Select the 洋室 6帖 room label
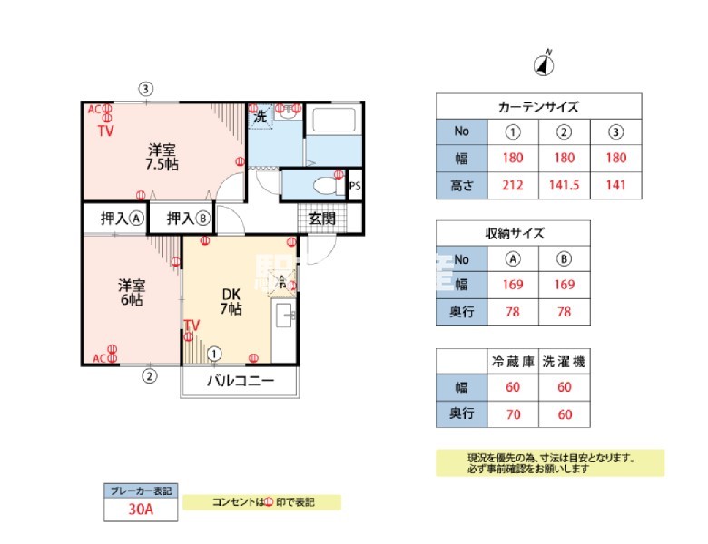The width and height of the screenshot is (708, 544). (x=131, y=291)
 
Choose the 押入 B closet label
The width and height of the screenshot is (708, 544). (x=188, y=218)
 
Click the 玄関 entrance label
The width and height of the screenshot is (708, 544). (x=321, y=218)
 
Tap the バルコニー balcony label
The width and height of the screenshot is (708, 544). (x=240, y=381)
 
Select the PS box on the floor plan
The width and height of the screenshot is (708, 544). (x=354, y=186)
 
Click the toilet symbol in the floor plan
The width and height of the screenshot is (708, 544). (x=319, y=185)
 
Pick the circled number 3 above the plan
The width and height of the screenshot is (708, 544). (x=145, y=89)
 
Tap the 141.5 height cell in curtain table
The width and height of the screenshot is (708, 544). (x=564, y=187)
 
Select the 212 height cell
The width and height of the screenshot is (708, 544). (x=513, y=187)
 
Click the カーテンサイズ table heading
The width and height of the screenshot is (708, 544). (x=538, y=107)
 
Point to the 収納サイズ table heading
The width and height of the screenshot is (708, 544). (x=513, y=233)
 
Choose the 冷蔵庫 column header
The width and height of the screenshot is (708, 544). (x=513, y=361)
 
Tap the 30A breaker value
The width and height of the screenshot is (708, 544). (x=140, y=510)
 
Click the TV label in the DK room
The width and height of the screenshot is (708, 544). (x=192, y=325)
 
